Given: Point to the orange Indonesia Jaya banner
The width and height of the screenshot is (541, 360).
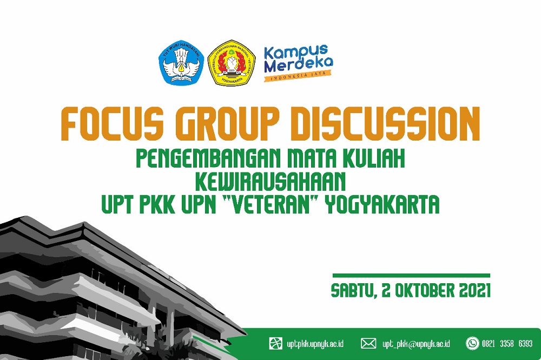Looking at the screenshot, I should [x=296, y=78].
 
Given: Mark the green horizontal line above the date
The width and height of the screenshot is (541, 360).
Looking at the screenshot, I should [x=411, y=276].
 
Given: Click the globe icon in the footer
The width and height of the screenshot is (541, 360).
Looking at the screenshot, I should [x=276, y=343].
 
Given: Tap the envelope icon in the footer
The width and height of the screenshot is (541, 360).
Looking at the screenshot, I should [x=368, y=343].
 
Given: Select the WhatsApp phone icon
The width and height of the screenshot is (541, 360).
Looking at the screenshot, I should [x=473, y=343].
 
